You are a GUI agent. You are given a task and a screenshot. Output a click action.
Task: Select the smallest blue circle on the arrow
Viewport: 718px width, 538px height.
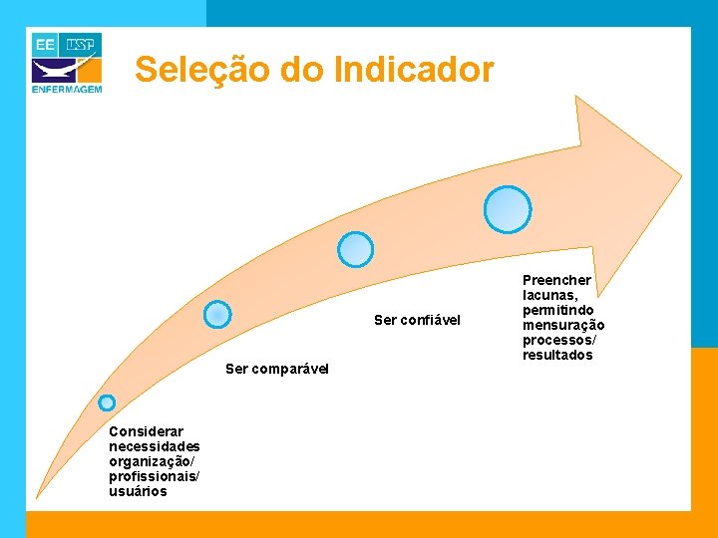pos(107,403)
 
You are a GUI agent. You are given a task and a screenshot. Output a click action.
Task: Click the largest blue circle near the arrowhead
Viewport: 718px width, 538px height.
pos(508,209)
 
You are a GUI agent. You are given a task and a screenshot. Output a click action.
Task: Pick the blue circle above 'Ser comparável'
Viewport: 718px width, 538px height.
pos(217,315)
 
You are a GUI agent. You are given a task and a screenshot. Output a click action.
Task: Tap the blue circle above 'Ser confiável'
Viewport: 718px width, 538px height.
pos(355,249)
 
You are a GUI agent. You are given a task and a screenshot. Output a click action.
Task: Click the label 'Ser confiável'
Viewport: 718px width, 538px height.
pos(417,320)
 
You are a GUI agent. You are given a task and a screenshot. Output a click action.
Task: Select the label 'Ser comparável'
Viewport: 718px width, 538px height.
pos(269,369)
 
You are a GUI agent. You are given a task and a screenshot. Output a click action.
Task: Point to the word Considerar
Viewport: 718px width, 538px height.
pos(146,431)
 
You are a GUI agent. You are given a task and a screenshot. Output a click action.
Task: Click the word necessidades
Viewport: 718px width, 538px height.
pos(155,446)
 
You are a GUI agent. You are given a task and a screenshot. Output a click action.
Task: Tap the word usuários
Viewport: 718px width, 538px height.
pos(138,491)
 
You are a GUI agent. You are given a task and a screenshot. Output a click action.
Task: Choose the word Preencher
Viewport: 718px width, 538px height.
pos(556,280)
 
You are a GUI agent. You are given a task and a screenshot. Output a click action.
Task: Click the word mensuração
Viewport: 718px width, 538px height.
pos(563,325)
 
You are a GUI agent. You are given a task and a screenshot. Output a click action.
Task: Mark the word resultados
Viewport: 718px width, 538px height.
pos(557,355)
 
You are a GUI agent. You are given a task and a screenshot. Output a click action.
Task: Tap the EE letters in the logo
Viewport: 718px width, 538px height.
pos(45,45)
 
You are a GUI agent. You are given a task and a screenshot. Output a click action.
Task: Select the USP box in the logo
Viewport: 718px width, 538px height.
pos(83,45)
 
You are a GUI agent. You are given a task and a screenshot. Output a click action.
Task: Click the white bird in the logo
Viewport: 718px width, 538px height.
pos(55,71)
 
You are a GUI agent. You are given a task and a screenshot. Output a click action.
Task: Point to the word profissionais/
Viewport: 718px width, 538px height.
pos(154,476)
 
